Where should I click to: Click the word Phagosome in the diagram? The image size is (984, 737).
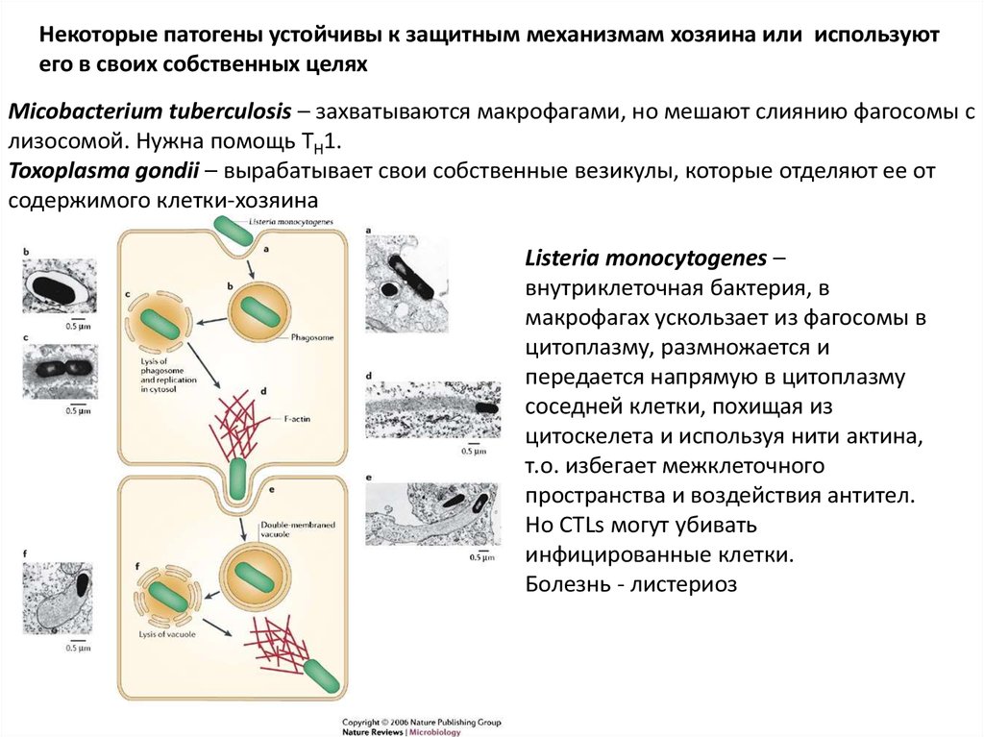[x=312, y=339]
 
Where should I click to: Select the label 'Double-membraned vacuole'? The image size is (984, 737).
[x=287, y=529]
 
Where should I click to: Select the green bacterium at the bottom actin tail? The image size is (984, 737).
[x=323, y=675]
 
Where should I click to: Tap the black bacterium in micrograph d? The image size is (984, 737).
[x=486, y=405]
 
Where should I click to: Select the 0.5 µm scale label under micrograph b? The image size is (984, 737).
[x=78, y=327]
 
